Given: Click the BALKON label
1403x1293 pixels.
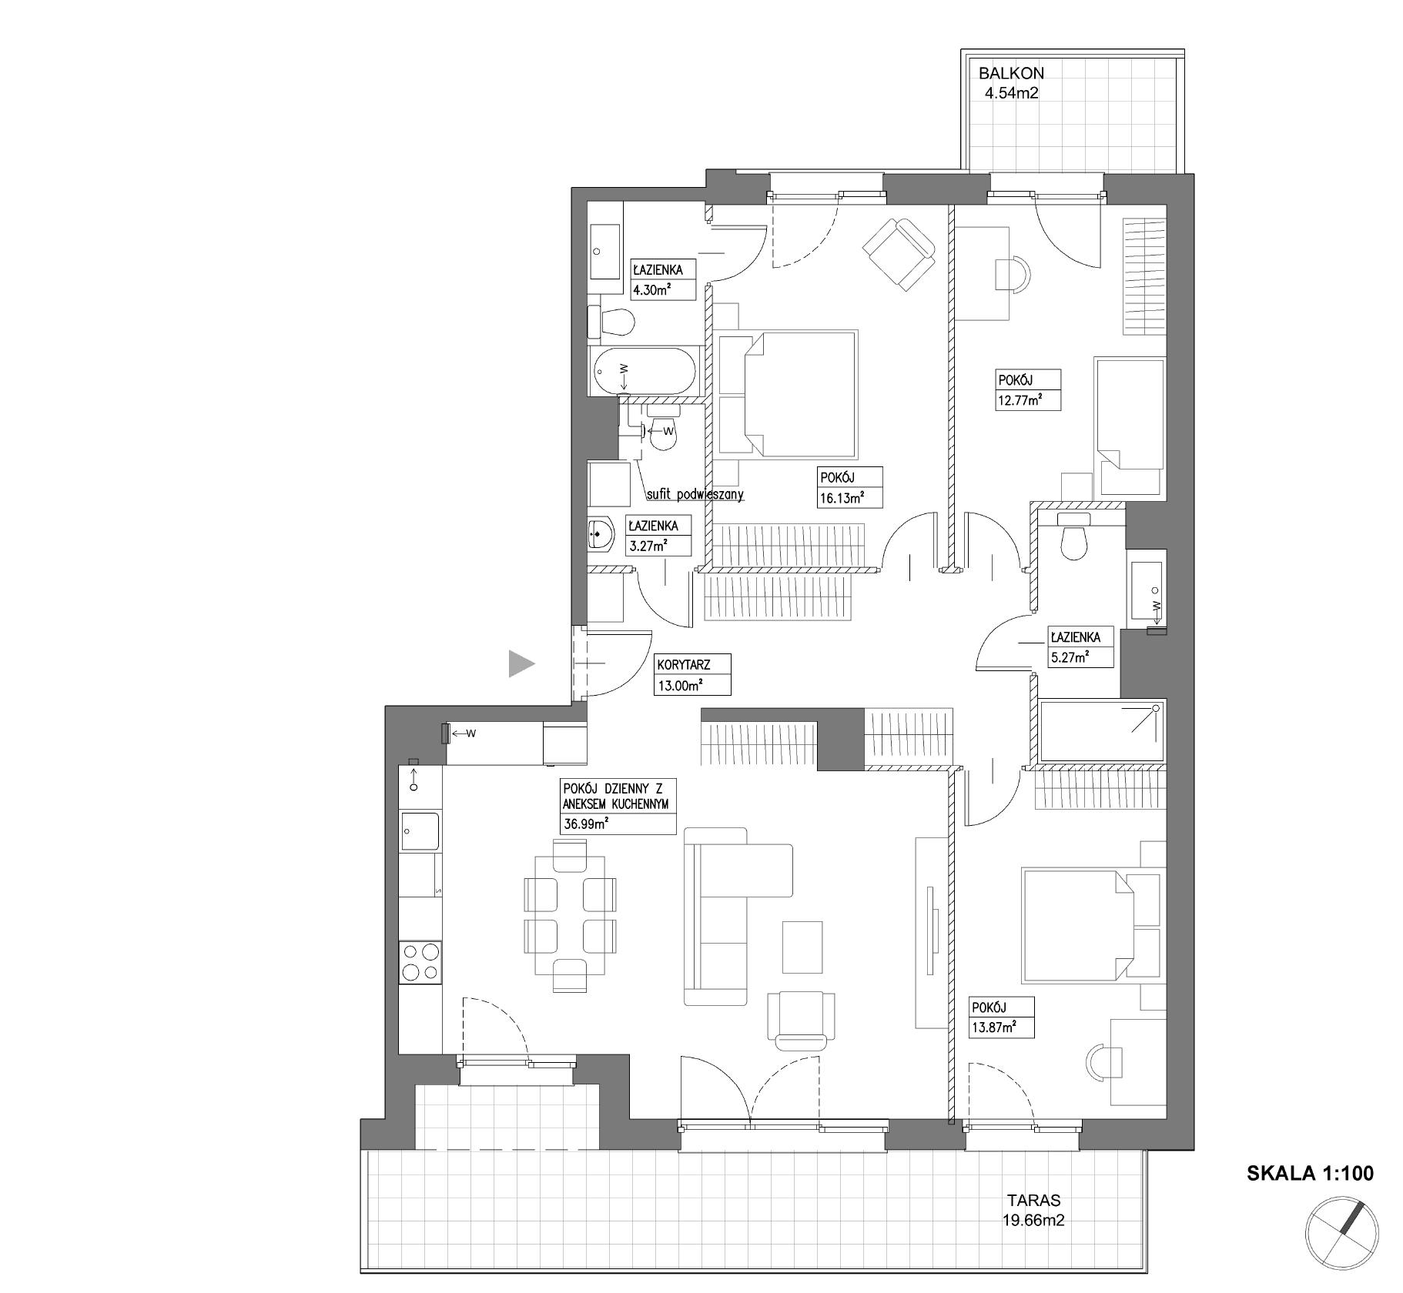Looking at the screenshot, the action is click(1011, 74).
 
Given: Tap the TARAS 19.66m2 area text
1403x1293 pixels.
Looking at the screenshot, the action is click(1033, 1210).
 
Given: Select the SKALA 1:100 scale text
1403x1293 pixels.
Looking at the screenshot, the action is click(1310, 1173).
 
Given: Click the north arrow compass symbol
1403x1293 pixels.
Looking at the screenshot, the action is click(1342, 1231).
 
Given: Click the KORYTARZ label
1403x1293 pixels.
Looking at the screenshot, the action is click(683, 665).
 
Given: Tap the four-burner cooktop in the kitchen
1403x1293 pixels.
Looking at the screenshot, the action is click(420, 962).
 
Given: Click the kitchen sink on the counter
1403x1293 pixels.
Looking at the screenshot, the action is click(420, 833).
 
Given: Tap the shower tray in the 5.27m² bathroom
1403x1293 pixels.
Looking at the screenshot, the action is click(1101, 731).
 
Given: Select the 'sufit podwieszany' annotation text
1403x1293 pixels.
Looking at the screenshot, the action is click(695, 495).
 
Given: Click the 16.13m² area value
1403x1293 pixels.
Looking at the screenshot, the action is click(841, 498).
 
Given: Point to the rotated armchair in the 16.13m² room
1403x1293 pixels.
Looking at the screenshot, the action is click(899, 254).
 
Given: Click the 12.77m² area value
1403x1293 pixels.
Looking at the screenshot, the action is click(1020, 400).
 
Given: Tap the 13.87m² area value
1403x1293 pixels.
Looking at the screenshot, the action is click(993, 1026).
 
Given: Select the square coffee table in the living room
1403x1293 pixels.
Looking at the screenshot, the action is click(802, 947).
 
